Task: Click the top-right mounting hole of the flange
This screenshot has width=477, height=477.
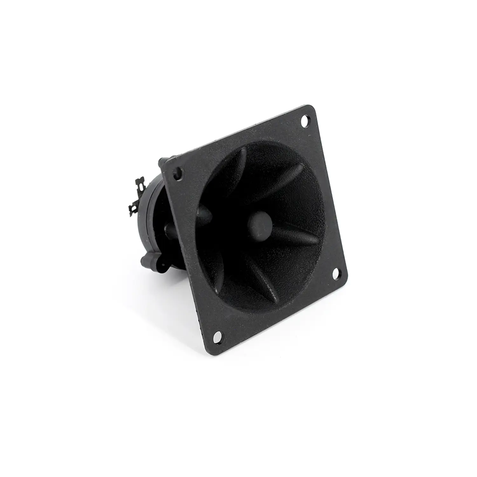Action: click(305, 121)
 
